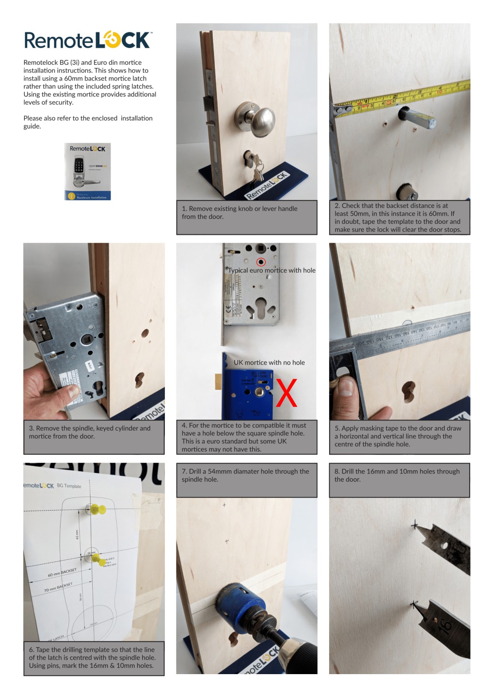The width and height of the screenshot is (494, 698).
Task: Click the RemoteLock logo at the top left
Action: (x=88, y=40)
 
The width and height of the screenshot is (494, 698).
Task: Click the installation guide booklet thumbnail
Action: (x=88, y=171)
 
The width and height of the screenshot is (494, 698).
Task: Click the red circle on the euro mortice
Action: (x=261, y=262)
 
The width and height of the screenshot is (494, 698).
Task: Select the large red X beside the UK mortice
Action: (x=286, y=393)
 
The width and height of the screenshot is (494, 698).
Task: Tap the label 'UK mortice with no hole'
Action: (x=269, y=362)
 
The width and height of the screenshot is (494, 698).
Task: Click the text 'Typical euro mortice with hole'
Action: (x=272, y=270)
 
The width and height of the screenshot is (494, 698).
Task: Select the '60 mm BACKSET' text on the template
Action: (x=62, y=572)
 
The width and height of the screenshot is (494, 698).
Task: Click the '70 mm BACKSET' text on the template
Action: (x=58, y=588)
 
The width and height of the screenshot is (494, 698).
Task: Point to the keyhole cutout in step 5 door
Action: (x=409, y=391)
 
